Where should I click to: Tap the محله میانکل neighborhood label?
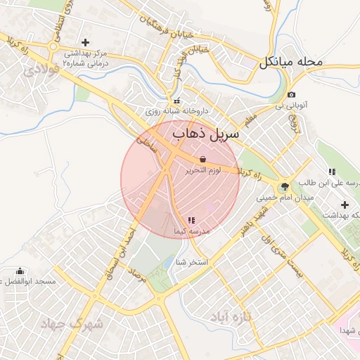click(290, 62)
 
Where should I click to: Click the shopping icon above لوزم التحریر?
click(203, 159)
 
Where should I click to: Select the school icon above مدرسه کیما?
click(191, 221)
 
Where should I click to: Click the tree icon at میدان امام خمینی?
click(284, 186)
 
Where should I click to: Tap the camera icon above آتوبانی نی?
click(292, 95)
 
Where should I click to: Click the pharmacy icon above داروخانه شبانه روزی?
click(177, 100)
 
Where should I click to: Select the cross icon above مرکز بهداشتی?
click(86, 43)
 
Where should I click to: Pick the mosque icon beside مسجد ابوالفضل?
click(19, 271)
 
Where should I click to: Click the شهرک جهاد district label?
click(72, 324)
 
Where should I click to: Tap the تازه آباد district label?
click(231, 318)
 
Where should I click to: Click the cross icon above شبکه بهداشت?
click(344, 204)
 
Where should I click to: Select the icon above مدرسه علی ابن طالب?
click(331, 172)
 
